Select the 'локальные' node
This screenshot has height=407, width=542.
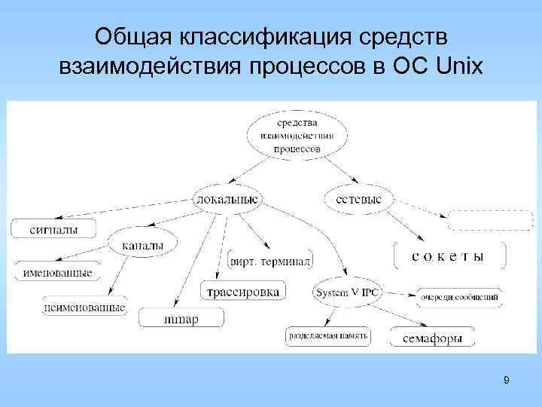[227, 199]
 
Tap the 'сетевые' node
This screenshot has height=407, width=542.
[358, 199]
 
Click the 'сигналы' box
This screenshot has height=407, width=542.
[53, 228]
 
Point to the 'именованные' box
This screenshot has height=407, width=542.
[63, 273]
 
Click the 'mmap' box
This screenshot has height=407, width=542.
[181, 319]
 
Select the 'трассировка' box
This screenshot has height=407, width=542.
[243, 291]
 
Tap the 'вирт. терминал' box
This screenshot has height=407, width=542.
[270, 261]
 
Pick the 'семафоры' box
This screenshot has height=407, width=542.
[432, 338]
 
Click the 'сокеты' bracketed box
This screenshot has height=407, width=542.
[448, 256]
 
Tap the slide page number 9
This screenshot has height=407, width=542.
[506, 380]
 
